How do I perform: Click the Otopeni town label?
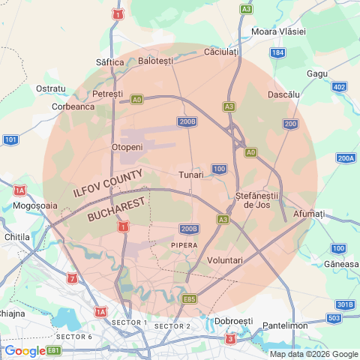coord(127,147)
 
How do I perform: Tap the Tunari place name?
coord(191,175)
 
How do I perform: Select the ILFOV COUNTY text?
coord(108,183)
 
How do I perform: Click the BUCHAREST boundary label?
coord(116,205)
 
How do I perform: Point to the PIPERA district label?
coord(184,245)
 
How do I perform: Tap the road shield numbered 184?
coord(278,52)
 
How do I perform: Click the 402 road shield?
coord(339,88)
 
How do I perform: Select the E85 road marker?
coord(190,298)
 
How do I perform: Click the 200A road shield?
coord(346,158)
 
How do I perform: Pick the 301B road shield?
coord(345,304)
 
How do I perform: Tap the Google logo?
coord(25,350)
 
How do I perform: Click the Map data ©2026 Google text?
coord(313,354)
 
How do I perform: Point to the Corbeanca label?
coord(73,106)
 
